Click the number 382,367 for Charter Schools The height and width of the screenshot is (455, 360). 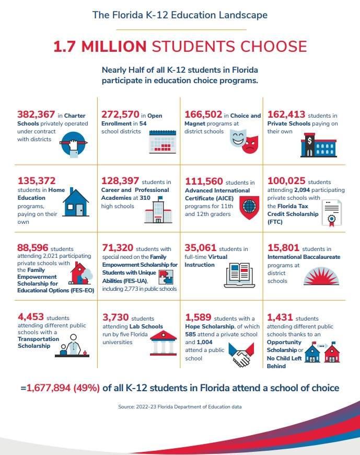pyautogui.click(x=36, y=115)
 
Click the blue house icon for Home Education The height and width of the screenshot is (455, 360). pyautogui.click(x=76, y=203)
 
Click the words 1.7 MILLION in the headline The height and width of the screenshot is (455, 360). pyautogui.click(x=100, y=47)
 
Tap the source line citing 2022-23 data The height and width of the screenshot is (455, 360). pyautogui.click(x=180, y=406)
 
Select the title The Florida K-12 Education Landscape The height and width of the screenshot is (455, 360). pyautogui.click(x=180, y=15)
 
